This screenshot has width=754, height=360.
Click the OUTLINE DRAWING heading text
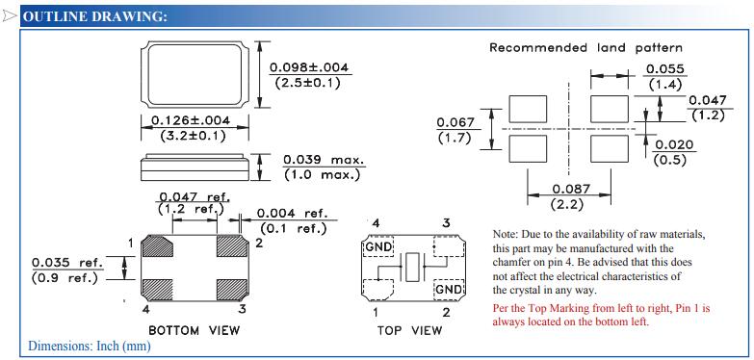(x=95, y=16)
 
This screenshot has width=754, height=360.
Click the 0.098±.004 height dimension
(x=309, y=67)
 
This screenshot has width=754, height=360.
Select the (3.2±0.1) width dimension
(x=193, y=136)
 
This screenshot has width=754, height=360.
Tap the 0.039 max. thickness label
(x=324, y=160)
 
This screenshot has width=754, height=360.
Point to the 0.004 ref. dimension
(x=293, y=213)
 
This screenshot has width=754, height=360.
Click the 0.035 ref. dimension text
(x=67, y=263)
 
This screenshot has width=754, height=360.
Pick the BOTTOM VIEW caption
(x=194, y=331)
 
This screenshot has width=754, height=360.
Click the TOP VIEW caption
(x=409, y=331)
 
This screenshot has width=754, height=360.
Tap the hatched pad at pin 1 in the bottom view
(x=158, y=246)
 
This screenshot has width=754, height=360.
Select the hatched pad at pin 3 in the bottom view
(x=232, y=290)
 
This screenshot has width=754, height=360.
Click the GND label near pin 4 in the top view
(x=377, y=247)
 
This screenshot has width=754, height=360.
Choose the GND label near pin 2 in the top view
(x=450, y=290)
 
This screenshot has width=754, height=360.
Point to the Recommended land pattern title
(x=585, y=47)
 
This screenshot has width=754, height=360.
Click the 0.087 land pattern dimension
(x=571, y=189)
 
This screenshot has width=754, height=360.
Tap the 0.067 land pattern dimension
(x=455, y=122)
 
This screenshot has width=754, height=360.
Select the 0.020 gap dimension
(x=674, y=145)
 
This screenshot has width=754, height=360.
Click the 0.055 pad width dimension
(x=665, y=69)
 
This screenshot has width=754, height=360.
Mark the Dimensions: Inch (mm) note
(x=90, y=346)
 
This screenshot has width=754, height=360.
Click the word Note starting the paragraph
(x=503, y=235)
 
